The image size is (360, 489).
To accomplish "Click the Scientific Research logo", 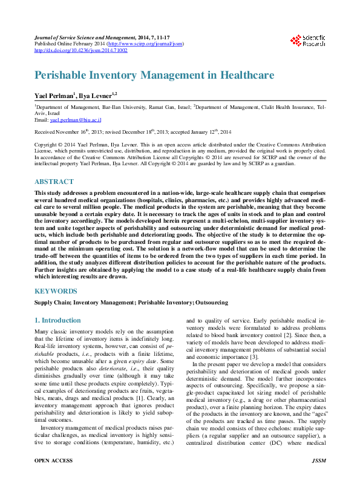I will tap(307, 41).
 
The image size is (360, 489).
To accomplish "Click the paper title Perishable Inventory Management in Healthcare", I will tap(154, 76).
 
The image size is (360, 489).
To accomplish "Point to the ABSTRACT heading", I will tap(55, 181).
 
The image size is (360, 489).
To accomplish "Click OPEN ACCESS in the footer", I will tap(54, 478).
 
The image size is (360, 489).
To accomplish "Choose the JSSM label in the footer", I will tap(318, 478).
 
